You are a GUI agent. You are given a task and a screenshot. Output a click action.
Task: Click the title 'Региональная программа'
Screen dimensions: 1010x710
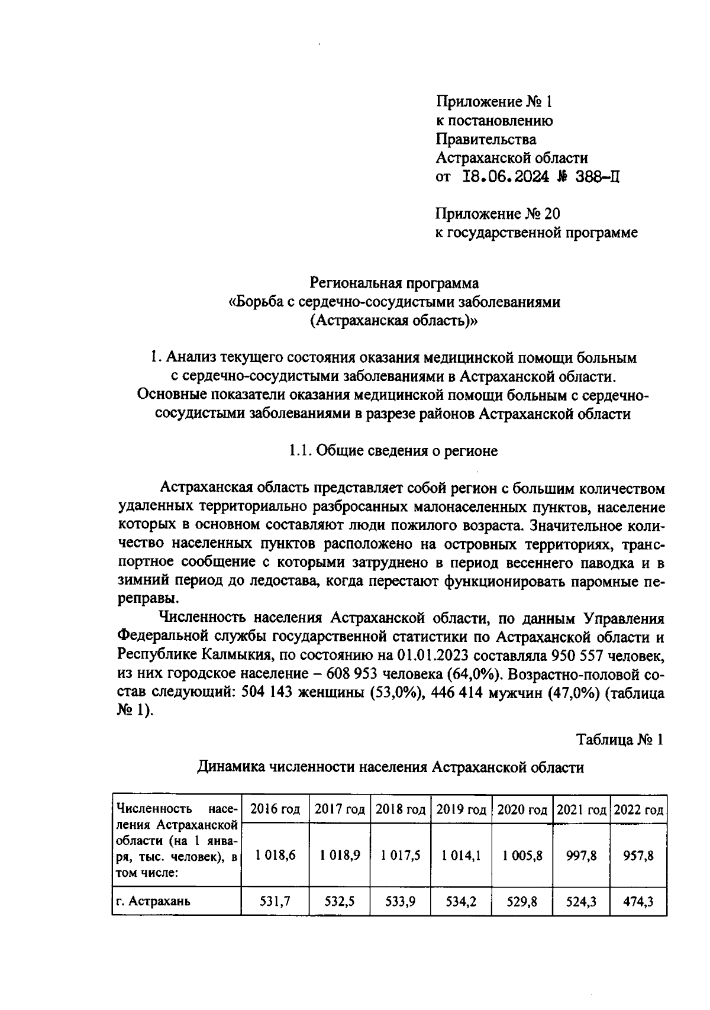pyautogui.click(x=395, y=283)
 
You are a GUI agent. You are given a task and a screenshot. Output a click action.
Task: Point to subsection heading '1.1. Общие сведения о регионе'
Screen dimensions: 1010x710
pyautogui.click(x=393, y=451)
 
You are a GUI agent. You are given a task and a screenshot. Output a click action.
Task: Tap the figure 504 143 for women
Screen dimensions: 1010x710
pyautogui.click(x=270, y=693)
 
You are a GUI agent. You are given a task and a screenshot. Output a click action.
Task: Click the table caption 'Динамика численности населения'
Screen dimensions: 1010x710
pyautogui.click(x=390, y=767)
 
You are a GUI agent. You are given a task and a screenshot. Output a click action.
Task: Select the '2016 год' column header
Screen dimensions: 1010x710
pyautogui.click(x=275, y=808)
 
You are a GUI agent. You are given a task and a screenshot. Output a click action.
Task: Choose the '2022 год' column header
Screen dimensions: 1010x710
pyautogui.click(x=638, y=808)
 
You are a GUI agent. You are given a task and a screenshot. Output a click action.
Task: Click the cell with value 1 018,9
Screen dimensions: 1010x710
pyautogui.click(x=340, y=855)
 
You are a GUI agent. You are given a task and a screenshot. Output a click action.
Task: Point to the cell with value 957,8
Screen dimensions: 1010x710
pyautogui.click(x=638, y=855)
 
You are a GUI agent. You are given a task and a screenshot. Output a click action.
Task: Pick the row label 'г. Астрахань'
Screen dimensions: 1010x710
pyautogui.click(x=153, y=902)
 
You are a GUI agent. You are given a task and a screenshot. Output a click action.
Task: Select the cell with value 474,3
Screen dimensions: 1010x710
pyautogui.click(x=638, y=902)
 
